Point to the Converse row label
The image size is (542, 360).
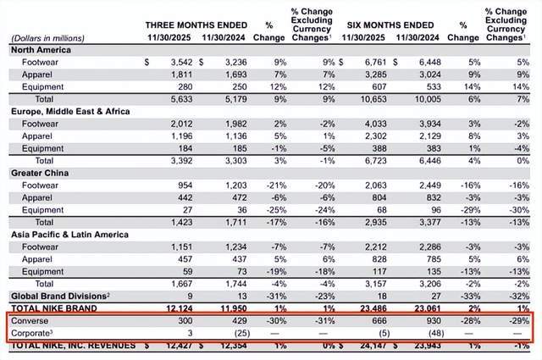tap(35, 323)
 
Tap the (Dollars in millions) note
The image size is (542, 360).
tap(50, 37)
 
